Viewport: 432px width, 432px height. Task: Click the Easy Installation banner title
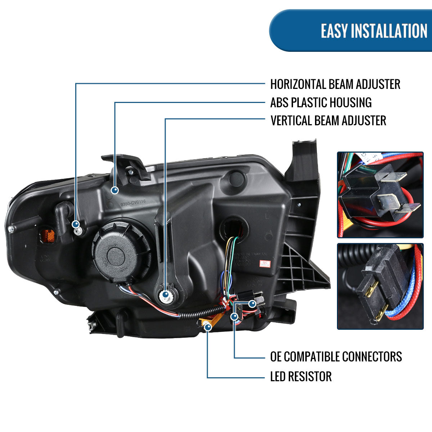click(374, 31)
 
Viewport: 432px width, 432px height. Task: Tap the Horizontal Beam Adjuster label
click(335, 84)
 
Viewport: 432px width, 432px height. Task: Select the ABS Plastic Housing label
click(321, 103)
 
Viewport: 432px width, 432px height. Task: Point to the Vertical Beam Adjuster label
click(328, 120)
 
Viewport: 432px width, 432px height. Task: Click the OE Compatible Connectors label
click(336, 356)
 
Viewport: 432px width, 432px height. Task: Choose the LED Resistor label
click(301, 377)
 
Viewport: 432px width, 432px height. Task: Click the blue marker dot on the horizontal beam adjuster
click(76, 225)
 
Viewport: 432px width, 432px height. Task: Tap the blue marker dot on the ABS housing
click(115, 190)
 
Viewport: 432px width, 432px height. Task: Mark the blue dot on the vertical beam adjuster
click(165, 294)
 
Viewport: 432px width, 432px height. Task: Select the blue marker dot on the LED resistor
click(208, 327)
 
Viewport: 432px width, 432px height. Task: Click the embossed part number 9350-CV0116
click(133, 202)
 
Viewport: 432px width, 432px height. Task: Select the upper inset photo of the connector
click(380, 195)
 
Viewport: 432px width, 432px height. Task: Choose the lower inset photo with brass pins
click(380, 286)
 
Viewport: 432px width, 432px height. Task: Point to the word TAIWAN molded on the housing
click(259, 254)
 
